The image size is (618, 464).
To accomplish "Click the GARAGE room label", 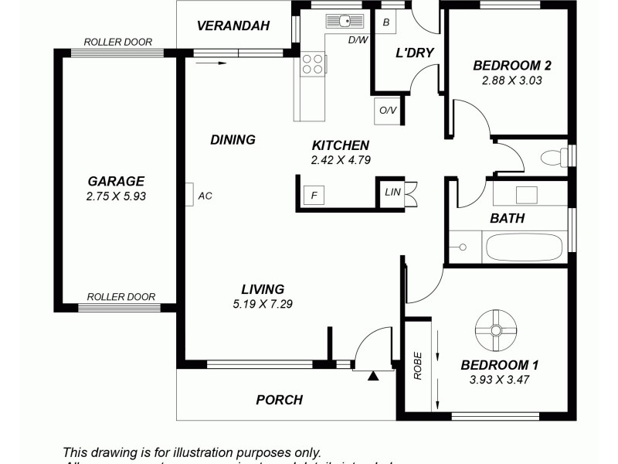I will pyautogui.click(x=116, y=182).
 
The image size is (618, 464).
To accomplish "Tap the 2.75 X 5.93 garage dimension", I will pyautogui.click(x=116, y=196).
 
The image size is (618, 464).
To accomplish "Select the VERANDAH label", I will pyautogui.click(x=233, y=26).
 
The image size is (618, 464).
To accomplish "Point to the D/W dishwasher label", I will pyautogui.click(x=358, y=39).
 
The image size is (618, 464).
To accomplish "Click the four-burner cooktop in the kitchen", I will pyautogui.click(x=313, y=63).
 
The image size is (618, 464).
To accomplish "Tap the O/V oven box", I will pyautogui.click(x=387, y=110).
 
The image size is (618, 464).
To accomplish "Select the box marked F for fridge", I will pyautogui.click(x=314, y=195).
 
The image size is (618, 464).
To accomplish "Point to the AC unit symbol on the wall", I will pyautogui.click(x=189, y=195).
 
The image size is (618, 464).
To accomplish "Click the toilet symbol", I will pyautogui.click(x=553, y=158).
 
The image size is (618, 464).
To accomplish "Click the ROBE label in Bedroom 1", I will pyautogui.click(x=418, y=366).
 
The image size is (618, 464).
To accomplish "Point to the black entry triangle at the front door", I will pyautogui.click(x=373, y=377).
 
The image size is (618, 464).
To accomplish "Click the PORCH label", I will pyautogui.click(x=279, y=400).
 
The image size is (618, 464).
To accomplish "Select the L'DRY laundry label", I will pyautogui.click(x=414, y=53).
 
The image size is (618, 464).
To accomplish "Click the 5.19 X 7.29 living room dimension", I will pyautogui.click(x=262, y=303).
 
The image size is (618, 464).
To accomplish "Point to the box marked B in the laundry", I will pyautogui.click(x=386, y=21).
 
